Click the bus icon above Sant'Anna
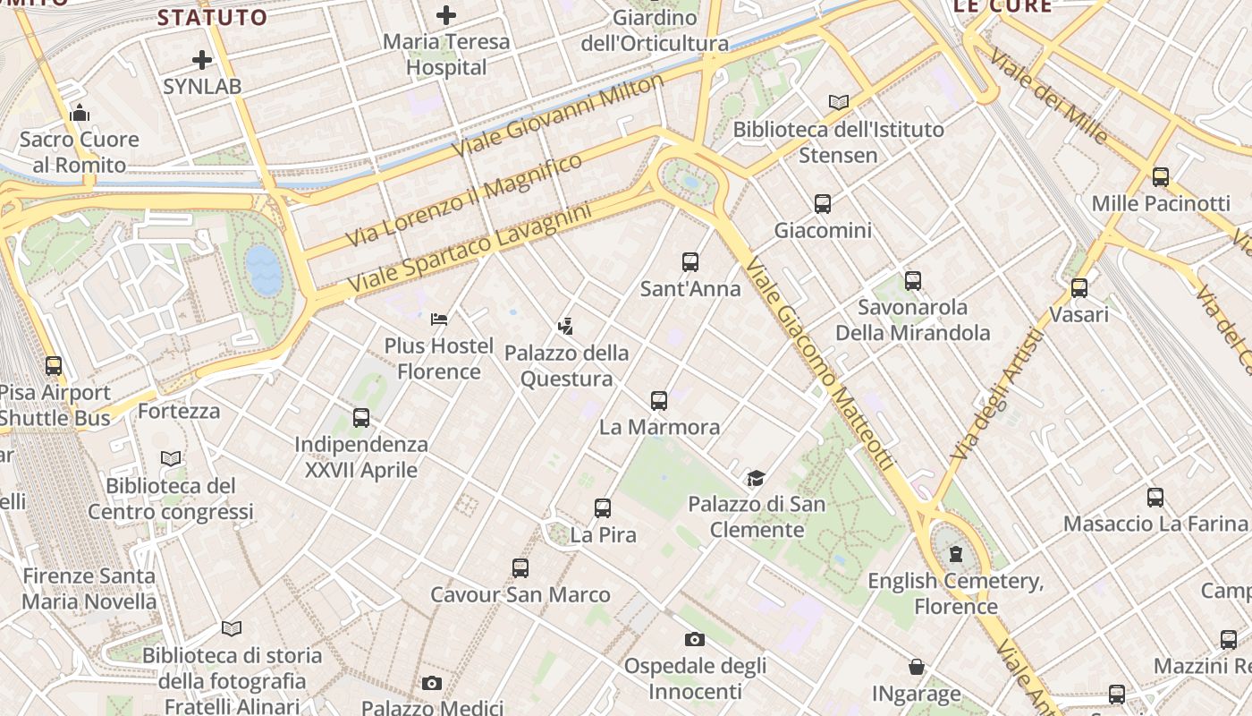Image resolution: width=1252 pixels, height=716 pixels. click(690, 262)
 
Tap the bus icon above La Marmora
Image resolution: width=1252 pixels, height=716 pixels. click(659, 401)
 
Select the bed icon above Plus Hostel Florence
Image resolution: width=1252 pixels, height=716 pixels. click(439, 319)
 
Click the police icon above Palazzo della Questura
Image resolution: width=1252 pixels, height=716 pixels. click(565, 326)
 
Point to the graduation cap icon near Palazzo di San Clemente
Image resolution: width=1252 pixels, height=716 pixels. click(757, 478)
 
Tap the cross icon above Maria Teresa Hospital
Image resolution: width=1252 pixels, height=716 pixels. click(445, 14)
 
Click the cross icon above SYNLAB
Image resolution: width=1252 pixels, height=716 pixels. click(202, 60)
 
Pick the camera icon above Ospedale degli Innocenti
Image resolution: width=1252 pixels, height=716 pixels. click(695, 639)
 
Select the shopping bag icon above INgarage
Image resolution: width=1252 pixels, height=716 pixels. click(917, 667)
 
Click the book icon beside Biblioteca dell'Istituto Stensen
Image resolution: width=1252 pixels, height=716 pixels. click(838, 103)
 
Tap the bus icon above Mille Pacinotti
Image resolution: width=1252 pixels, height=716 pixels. click(1161, 177)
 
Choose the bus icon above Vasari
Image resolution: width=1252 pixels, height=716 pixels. click(1079, 288)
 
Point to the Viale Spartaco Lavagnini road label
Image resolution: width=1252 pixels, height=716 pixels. click(469, 249)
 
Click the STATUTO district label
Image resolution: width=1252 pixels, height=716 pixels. click(212, 17)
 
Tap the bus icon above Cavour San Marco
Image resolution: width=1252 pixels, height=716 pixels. click(520, 568)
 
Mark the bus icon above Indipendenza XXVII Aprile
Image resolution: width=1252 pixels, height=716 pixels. click(361, 418)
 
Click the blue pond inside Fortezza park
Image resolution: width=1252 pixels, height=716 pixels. click(265, 270)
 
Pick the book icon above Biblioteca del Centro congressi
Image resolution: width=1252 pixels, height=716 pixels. click(171, 459)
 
